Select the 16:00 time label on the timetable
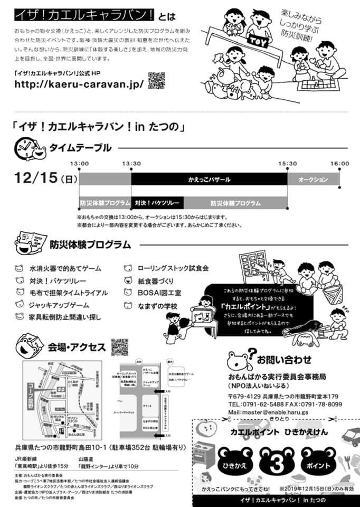[x=339, y=164]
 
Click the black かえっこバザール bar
[x=209, y=180]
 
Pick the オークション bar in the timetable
[x=313, y=180]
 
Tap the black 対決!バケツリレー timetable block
[x=157, y=203]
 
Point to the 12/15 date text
[x=40, y=178]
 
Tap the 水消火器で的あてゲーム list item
[x=65, y=268]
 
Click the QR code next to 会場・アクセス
[x=120, y=346]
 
